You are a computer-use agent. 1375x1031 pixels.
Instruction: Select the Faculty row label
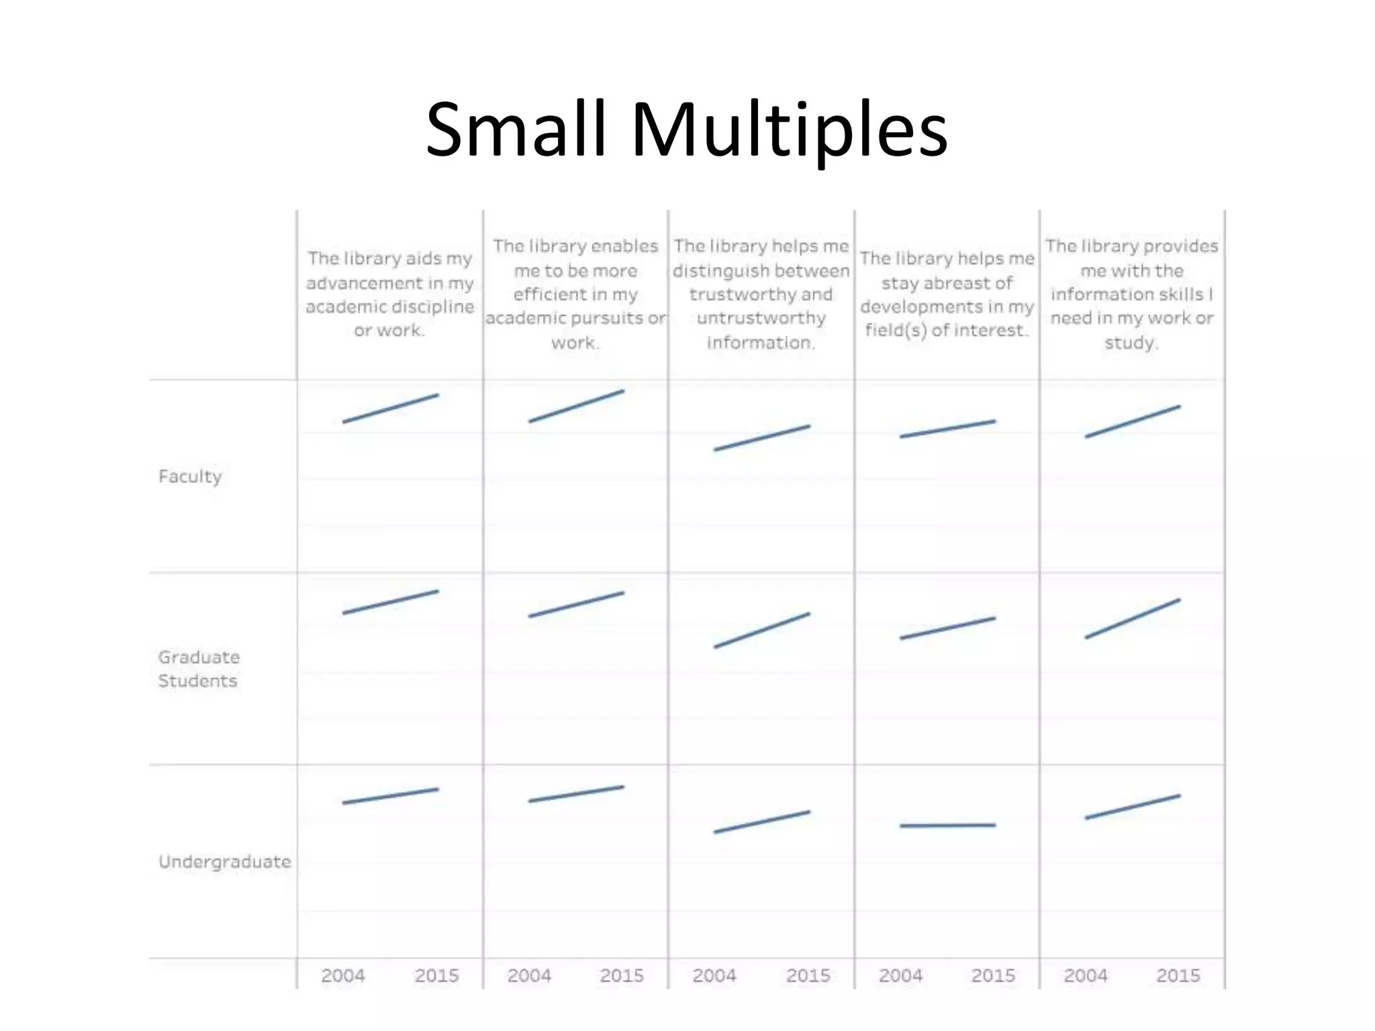click(x=190, y=477)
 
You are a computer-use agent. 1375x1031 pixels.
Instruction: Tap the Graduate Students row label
click(x=199, y=669)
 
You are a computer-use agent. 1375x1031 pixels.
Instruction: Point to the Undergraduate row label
click(x=225, y=861)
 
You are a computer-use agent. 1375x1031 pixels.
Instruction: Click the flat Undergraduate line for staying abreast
click(x=947, y=826)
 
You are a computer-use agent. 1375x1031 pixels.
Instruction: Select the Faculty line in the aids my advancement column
click(x=391, y=408)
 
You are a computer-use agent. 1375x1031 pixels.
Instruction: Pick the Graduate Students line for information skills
click(x=1133, y=618)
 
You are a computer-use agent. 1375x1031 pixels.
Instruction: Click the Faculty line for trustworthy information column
click(x=762, y=438)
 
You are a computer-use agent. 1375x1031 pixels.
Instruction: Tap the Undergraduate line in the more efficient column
click(x=576, y=794)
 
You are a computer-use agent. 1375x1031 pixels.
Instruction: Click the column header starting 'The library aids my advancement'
click(x=390, y=294)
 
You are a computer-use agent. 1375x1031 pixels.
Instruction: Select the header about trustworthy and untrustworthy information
click(x=761, y=294)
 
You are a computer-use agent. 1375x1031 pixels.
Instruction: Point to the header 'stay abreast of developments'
click(x=947, y=294)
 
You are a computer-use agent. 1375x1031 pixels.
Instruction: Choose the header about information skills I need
click(x=1132, y=294)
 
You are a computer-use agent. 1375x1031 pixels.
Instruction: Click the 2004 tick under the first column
click(x=342, y=975)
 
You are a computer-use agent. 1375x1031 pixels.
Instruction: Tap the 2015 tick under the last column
click(x=1178, y=975)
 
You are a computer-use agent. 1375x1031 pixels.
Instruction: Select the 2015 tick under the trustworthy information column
click(x=808, y=975)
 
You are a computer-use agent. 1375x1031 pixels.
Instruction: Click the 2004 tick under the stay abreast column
click(x=900, y=975)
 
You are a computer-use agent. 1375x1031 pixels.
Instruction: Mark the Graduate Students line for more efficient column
click(x=576, y=605)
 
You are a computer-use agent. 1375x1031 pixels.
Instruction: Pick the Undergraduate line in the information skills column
click(x=1133, y=807)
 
